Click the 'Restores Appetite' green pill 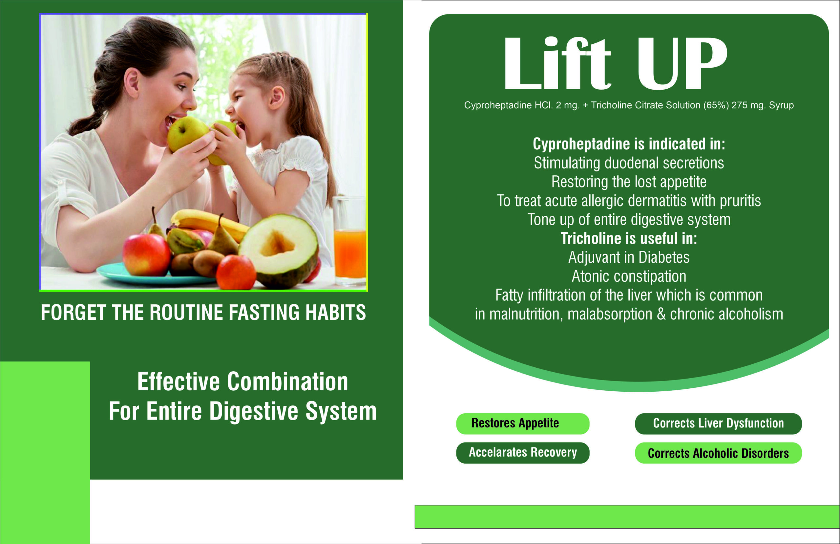(x=523, y=424)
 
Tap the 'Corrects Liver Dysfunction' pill (x=718, y=424)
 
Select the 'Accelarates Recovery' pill (x=523, y=452)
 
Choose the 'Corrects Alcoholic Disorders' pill (x=718, y=452)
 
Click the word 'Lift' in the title (x=557, y=63)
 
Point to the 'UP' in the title (x=682, y=63)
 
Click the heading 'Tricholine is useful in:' (x=629, y=238)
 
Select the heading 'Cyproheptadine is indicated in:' (x=629, y=144)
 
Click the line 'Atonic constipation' (x=629, y=276)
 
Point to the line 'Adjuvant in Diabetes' (x=629, y=257)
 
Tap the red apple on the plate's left (x=147, y=255)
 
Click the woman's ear (x=132, y=84)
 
